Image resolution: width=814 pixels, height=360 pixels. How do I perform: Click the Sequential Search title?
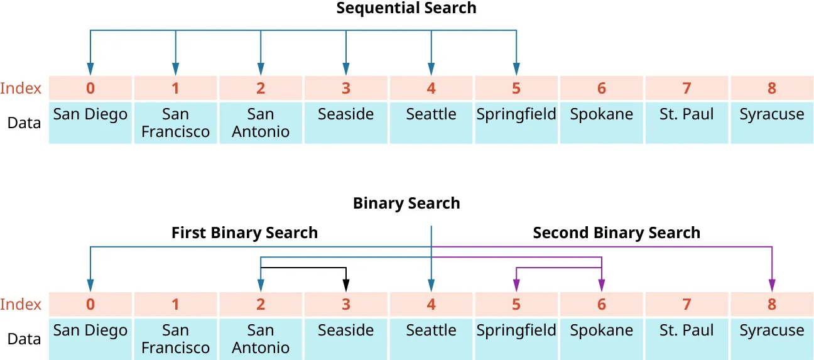pos(406,8)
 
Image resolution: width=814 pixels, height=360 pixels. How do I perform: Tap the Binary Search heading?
pos(406,204)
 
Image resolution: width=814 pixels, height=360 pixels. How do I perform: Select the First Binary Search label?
pos(244,233)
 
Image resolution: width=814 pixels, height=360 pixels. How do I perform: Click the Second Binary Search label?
pos(616,233)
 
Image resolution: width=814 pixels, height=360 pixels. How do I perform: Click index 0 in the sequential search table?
pos(90,88)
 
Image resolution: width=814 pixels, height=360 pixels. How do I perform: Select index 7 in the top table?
pos(686,88)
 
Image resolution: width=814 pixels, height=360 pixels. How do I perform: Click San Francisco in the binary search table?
pos(175,339)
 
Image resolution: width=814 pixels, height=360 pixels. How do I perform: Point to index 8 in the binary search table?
pos(771,304)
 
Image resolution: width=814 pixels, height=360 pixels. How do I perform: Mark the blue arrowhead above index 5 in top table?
pos(516,70)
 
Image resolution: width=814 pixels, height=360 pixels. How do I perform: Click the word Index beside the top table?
pos(21,88)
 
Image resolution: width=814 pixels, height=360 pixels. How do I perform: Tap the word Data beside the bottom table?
pos(24,339)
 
